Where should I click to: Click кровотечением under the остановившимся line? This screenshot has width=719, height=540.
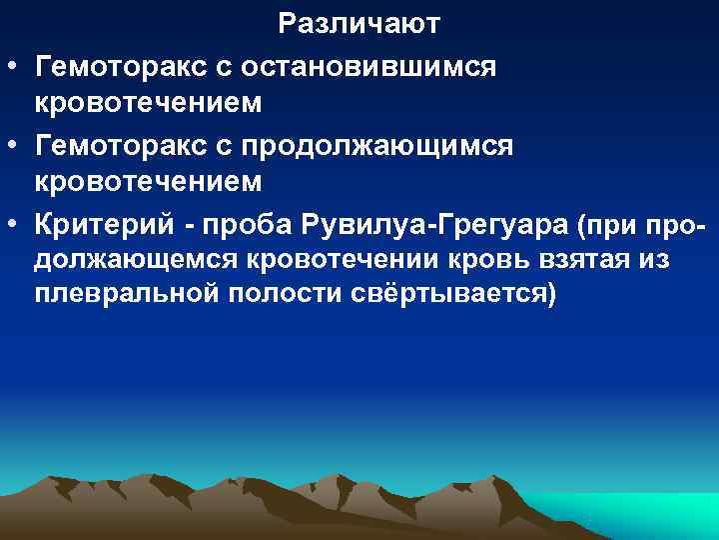tap(149, 104)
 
